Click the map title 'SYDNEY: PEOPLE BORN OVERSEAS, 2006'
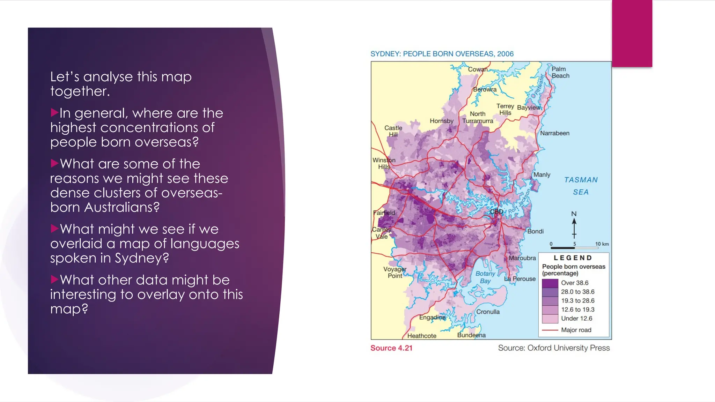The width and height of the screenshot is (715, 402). tap(442, 54)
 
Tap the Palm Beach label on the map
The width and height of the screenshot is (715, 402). tap(560, 72)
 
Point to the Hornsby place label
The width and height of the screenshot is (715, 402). tap(441, 121)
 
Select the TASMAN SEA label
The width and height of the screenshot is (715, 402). tap(581, 186)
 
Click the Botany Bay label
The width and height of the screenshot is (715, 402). tap(485, 277)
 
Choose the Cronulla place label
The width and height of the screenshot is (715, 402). tap(488, 312)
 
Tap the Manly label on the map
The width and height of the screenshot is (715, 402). tap(541, 174)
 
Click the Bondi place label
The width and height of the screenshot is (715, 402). tap(535, 231)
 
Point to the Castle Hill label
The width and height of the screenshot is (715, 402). tap(393, 131)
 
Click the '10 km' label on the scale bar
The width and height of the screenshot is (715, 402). tap(602, 244)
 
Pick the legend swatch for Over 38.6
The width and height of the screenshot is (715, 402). tap(550, 283)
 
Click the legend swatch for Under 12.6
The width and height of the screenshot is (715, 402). tap(550, 319)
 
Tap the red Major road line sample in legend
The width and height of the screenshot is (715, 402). tap(550, 330)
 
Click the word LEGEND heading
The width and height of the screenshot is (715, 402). tap(573, 258)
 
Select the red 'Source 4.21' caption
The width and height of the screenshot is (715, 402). tap(391, 348)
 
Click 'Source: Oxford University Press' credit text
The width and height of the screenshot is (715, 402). tap(554, 348)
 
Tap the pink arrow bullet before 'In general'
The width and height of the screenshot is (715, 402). tap(54, 112)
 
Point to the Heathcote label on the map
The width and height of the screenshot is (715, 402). tap(421, 336)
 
